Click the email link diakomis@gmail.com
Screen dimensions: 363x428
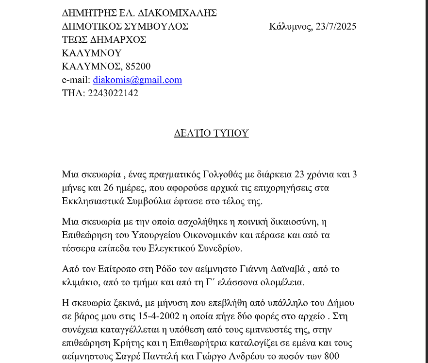[137, 80]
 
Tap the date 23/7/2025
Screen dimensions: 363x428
[336, 27]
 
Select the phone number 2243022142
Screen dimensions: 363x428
[113, 93]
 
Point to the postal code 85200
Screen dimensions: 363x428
[138, 67]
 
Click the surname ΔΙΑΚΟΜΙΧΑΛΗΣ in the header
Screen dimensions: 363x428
[178, 13]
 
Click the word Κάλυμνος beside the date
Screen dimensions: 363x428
[290, 27]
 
